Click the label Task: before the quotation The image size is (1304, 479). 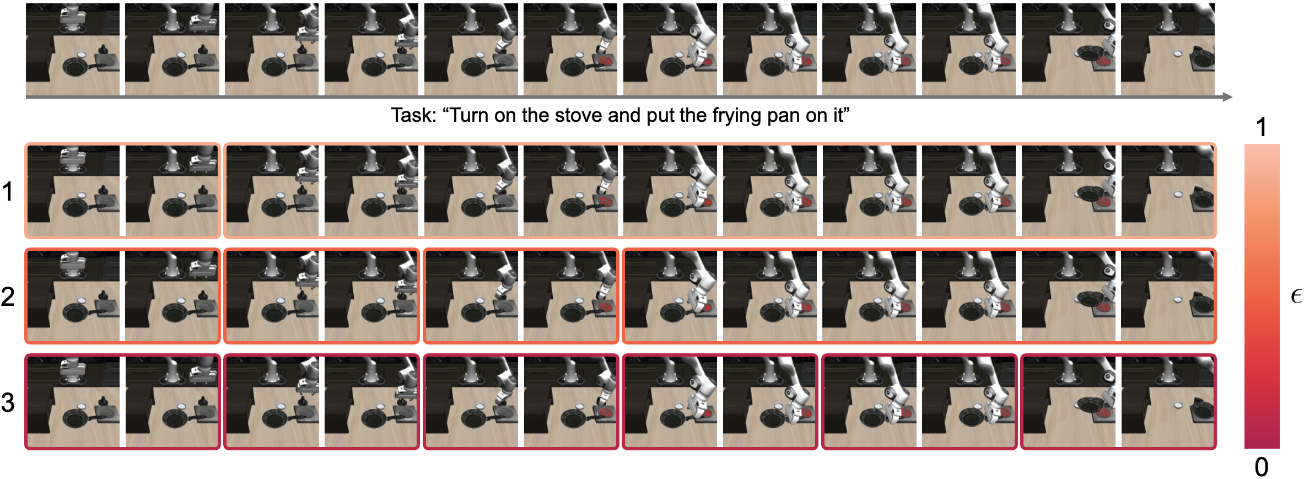pos(413,115)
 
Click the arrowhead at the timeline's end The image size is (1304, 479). pos(1227,97)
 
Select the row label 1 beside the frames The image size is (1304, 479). pos(8,192)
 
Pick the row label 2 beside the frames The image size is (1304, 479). pos(8,297)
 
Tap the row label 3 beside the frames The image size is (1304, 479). pos(8,402)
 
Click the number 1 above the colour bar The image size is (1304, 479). pos(1261,127)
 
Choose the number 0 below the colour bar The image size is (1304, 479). pos(1262,467)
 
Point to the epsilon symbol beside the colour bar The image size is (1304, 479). pos(1296,297)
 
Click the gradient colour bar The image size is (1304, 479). pos(1262,296)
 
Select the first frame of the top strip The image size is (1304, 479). pos(73,49)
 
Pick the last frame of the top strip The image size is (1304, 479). pos(1168,49)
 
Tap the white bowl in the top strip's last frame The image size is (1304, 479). pos(1177,54)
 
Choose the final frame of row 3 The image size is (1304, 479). pos(1168,402)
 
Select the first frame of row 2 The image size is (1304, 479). pos(73,297)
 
